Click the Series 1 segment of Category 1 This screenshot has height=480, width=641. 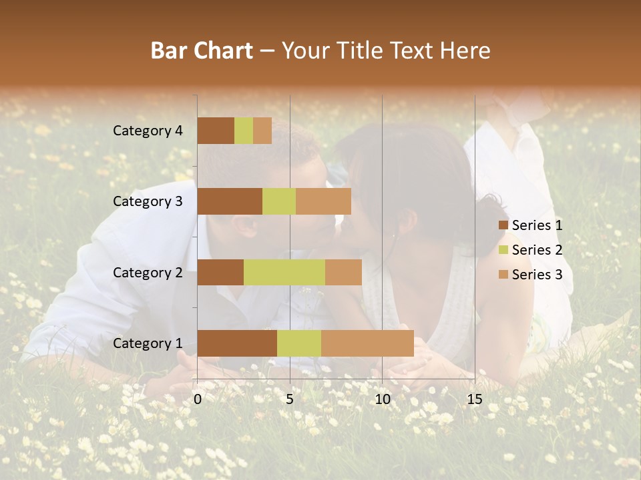click(237, 343)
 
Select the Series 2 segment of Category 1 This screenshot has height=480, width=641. click(299, 343)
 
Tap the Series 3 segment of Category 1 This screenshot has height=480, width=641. click(367, 343)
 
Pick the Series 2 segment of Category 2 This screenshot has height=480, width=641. click(284, 272)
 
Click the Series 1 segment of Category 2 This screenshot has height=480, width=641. click(220, 272)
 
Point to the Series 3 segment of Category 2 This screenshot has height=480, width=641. click(343, 272)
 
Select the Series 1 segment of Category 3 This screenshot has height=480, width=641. click(230, 201)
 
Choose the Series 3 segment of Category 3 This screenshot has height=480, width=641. click(323, 201)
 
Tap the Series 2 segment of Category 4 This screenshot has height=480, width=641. click(244, 131)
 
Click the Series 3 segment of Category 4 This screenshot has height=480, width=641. click(262, 131)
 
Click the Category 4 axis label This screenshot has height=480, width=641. click(148, 131)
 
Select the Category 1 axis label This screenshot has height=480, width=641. click(148, 343)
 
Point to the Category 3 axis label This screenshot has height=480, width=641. click(148, 201)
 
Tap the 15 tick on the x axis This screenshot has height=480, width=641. click(474, 399)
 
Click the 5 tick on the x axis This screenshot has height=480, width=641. click(290, 399)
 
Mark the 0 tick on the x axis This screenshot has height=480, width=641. click(198, 399)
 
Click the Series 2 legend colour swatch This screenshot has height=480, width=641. click(503, 250)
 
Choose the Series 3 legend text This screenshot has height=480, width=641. click(537, 275)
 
